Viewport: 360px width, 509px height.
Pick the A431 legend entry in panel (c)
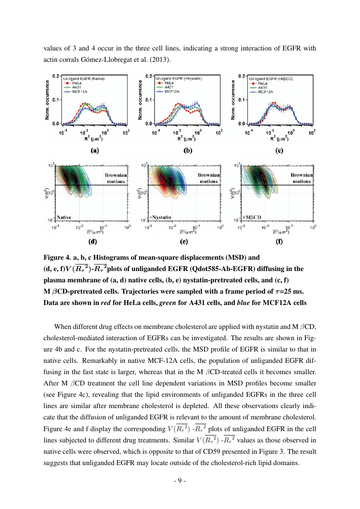pyautogui.click(x=263, y=87)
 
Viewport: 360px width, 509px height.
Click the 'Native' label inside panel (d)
pyautogui.click(x=64, y=217)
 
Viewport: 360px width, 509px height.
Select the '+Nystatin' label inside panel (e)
pyautogui.click(x=160, y=217)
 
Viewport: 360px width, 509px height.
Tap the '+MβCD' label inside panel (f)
pyautogui.click(x=252, y=217)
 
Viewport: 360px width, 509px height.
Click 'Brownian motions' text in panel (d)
pyautogui.click(x=116, y=178)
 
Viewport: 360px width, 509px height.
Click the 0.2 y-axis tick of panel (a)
pyautogui.click(x=56, y=76)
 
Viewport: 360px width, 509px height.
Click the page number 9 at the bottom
pyautogui.click(x=180, y=481)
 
